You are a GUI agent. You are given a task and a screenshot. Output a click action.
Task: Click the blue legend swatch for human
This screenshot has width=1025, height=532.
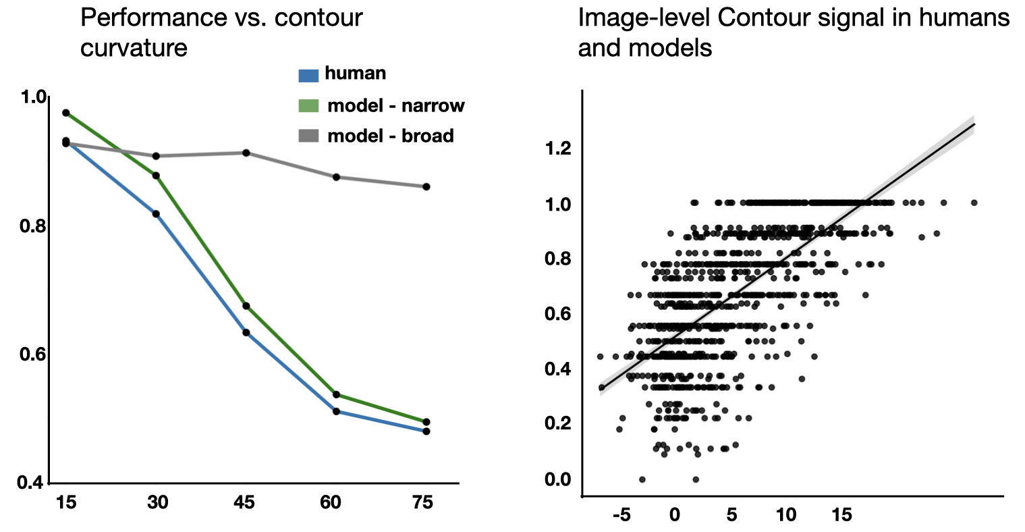pos(308,74)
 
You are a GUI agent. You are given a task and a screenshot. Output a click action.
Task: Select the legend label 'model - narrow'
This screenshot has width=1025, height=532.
pos(395,106)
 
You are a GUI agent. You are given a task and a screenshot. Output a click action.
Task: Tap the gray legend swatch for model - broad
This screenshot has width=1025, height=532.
pos(308,137)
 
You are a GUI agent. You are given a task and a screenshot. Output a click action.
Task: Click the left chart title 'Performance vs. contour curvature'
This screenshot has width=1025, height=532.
pos(221,32)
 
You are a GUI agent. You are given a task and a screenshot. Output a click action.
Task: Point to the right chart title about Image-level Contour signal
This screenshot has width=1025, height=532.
pos(794,32)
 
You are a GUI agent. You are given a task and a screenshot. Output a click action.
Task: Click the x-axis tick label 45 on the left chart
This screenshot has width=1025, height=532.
pos(244,503)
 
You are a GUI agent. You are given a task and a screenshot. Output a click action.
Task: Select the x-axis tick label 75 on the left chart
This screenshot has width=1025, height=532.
pos(422,503)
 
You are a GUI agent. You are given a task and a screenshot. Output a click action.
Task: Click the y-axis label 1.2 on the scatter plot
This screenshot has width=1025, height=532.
pos(557,149)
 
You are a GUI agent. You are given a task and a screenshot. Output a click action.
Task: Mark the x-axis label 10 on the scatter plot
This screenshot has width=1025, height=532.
pos(786,515)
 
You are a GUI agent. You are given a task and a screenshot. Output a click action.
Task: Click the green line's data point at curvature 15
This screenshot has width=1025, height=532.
pos(66,113)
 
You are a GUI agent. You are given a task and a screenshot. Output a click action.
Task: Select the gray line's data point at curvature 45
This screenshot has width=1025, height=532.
pos(246,153)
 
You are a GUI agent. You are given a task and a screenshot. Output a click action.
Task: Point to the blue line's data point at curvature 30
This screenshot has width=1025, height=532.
pos(156,214)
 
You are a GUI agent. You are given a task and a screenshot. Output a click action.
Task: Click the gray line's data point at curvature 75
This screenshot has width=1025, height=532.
pos(426,186)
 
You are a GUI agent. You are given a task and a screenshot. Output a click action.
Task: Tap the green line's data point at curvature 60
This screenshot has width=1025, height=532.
pos(336,394)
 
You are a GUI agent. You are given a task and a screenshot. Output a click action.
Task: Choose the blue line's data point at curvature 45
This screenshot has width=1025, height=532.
pos(246,332)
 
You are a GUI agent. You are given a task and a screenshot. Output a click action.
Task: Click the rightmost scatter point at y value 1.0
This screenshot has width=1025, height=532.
pos(974,203)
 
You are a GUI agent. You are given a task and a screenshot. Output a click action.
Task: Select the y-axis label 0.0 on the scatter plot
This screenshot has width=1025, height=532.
pos(557,480)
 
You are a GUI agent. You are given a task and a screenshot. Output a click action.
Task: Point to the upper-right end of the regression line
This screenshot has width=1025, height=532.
pos(975,124)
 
